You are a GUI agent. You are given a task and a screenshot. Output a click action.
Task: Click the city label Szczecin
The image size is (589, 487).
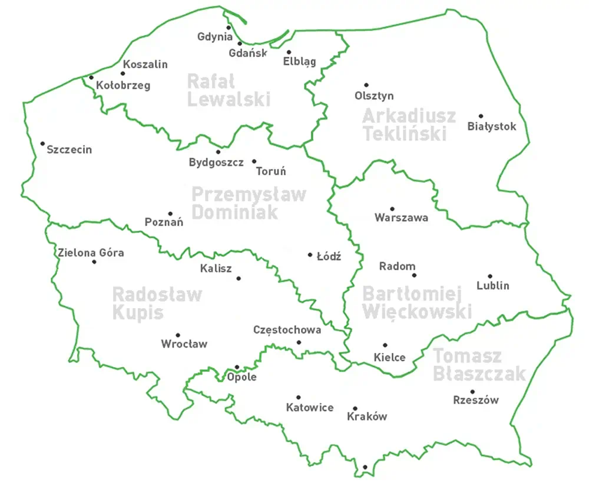70,149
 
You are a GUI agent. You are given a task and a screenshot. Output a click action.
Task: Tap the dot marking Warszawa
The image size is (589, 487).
392,208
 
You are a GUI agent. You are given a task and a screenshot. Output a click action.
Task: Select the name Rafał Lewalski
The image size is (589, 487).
229,89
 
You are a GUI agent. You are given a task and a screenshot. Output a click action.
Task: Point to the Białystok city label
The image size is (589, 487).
492,126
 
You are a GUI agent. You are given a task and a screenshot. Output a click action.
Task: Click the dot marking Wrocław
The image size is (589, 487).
177,335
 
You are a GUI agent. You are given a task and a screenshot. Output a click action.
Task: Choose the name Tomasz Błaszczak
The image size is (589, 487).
478,365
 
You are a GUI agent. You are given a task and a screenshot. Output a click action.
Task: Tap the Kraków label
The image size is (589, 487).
367,416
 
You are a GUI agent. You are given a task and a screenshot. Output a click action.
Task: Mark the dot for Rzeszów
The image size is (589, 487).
472,391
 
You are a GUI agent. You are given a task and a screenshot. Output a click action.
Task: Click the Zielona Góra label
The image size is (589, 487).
91,253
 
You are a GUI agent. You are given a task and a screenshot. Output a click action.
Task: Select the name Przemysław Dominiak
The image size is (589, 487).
249,202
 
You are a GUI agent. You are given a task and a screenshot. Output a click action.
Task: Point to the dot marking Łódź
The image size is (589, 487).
310,255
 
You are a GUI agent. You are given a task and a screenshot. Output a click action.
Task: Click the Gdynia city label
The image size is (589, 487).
214,36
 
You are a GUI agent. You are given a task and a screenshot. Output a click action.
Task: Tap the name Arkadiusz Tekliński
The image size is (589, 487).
409,124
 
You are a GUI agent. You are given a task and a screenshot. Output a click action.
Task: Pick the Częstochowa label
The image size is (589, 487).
287,330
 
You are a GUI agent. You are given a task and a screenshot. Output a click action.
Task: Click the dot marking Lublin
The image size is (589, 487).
489,276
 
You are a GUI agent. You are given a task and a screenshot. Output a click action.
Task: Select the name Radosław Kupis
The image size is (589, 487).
157,302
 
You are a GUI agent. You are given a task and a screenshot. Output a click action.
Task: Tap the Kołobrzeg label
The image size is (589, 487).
123,85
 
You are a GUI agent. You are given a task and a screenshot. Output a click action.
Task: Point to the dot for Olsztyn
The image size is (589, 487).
366,85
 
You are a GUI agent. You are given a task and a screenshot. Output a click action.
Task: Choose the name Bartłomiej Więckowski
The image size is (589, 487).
417,302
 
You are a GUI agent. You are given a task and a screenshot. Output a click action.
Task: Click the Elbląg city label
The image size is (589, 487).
299,61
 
